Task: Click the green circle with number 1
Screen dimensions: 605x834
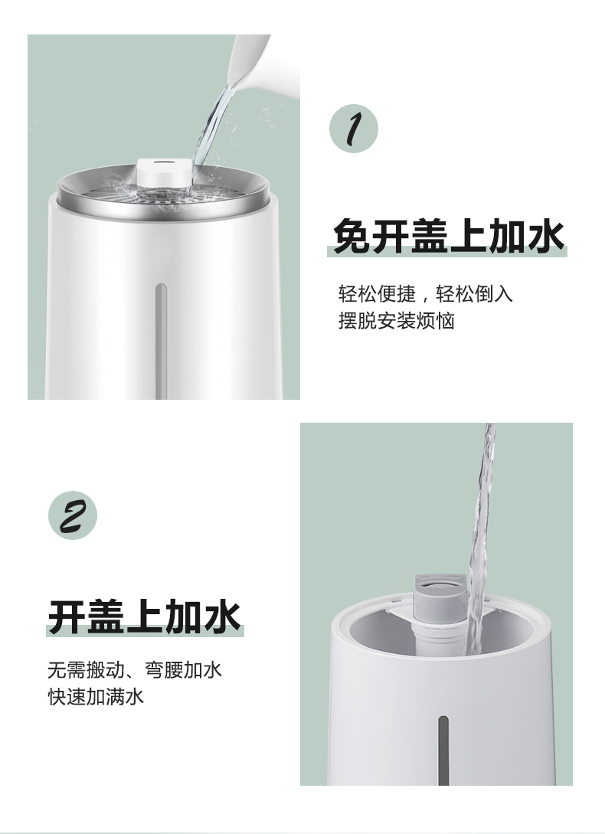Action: [x=354, y=129]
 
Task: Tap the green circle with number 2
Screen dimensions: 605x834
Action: [x=73, y=515]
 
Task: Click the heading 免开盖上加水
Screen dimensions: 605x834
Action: [x=448, y=236]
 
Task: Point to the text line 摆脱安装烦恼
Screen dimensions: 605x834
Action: [x=397, y=321]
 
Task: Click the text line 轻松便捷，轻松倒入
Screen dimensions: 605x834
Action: [x=426, y=293]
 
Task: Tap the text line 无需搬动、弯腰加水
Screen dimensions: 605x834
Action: [x=135, y=669]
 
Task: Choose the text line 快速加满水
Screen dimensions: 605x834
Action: [x=96, y=697]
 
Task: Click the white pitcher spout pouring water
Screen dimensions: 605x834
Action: [x=250, y=63]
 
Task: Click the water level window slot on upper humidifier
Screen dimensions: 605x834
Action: [x=161, y=340]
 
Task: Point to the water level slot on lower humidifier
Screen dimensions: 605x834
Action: [x=443, y=751]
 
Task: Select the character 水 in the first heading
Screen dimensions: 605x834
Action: [x=546, y=236]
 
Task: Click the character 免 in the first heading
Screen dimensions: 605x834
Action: [x=352, y=236]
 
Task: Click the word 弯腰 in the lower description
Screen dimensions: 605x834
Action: [x=164, y=669]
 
